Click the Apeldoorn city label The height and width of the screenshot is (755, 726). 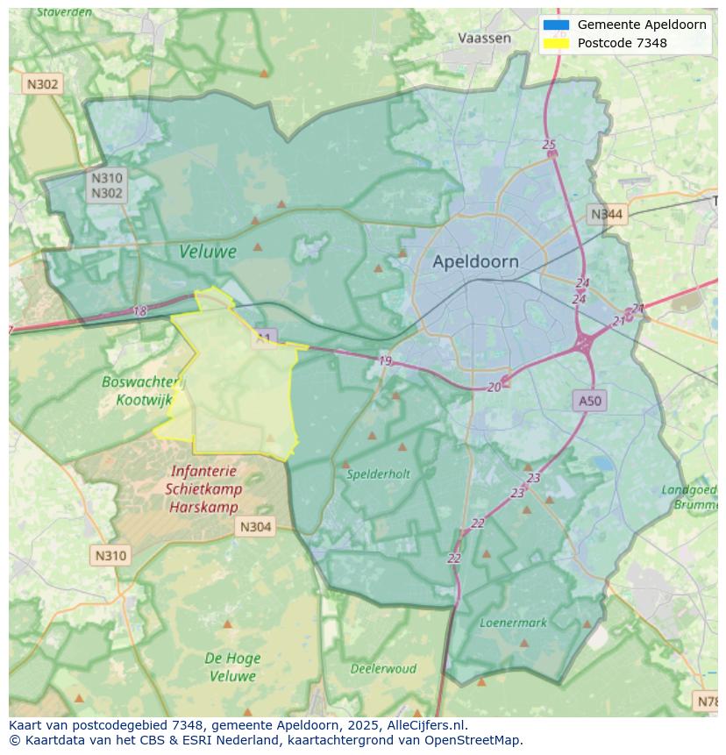tap(475, 261)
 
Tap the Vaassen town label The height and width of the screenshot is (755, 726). tap(484, 38)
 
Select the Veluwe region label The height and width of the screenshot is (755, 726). tap(208, 252)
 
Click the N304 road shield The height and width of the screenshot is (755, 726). tap(255, 527)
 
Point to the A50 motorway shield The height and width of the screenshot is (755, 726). tap(590, 401)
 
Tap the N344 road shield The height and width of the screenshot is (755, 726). tap(607, 214)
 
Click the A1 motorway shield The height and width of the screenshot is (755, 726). tap(265, 337)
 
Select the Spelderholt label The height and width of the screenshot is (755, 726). tap(378, 474)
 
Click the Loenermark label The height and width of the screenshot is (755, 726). tap(513, 623)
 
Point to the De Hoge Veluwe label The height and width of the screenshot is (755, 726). tap(231, 667)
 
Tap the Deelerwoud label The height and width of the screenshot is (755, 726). tap(383, 668)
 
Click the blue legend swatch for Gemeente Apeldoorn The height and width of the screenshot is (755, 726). tap(556, 25)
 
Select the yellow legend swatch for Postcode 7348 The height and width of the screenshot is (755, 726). tap(556, 43)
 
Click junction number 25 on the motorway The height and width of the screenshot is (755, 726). tap(549, 145)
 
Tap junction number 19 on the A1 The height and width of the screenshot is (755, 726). tap(385, 360)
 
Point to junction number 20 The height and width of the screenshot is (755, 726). tap(495, 387)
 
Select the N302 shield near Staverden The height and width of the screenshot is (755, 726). tap(42, 84)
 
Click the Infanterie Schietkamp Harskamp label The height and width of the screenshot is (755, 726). tap(203, 489)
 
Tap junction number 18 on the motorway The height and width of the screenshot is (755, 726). tap(140, 311)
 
